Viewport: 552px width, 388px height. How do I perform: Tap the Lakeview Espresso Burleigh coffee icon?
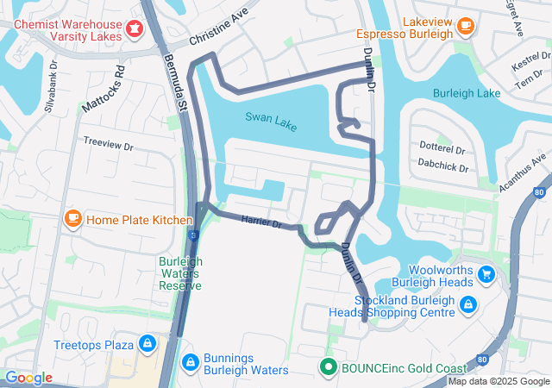pos(466,26)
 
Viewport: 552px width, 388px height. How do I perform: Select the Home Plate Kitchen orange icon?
pos(73,219)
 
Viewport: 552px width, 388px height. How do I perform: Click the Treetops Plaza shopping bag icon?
pos(147,344)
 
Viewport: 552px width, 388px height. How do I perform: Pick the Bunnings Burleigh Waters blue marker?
pos(191,361)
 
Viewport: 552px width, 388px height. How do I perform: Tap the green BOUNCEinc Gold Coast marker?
pos(328,367)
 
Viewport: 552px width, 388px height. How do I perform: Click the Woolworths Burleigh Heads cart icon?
pos(487,275)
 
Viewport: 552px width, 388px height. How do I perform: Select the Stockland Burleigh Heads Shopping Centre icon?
pos(467,304)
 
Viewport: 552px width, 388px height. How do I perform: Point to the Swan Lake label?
pos(270,122)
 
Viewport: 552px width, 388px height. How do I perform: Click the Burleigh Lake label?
pos(467,92)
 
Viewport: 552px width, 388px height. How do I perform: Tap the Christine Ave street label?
pos(218,28)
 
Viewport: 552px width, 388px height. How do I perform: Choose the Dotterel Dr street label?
pos(442,147)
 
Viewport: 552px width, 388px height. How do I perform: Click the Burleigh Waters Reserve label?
pos(180,273)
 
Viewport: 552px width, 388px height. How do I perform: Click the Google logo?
pos(28,378)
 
